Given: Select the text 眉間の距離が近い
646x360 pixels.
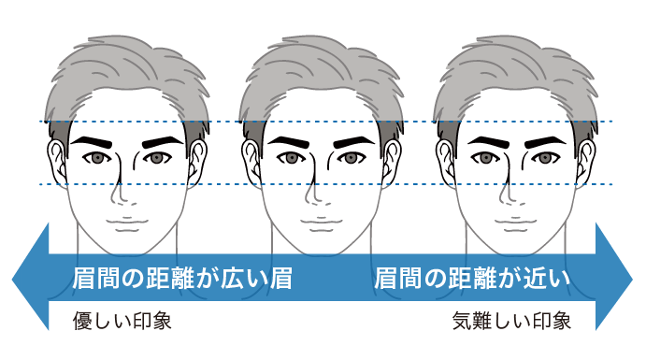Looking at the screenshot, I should coord(472,278).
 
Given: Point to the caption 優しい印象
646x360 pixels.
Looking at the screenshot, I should coord(122,323).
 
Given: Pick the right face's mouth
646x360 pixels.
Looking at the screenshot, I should coord(514,225).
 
